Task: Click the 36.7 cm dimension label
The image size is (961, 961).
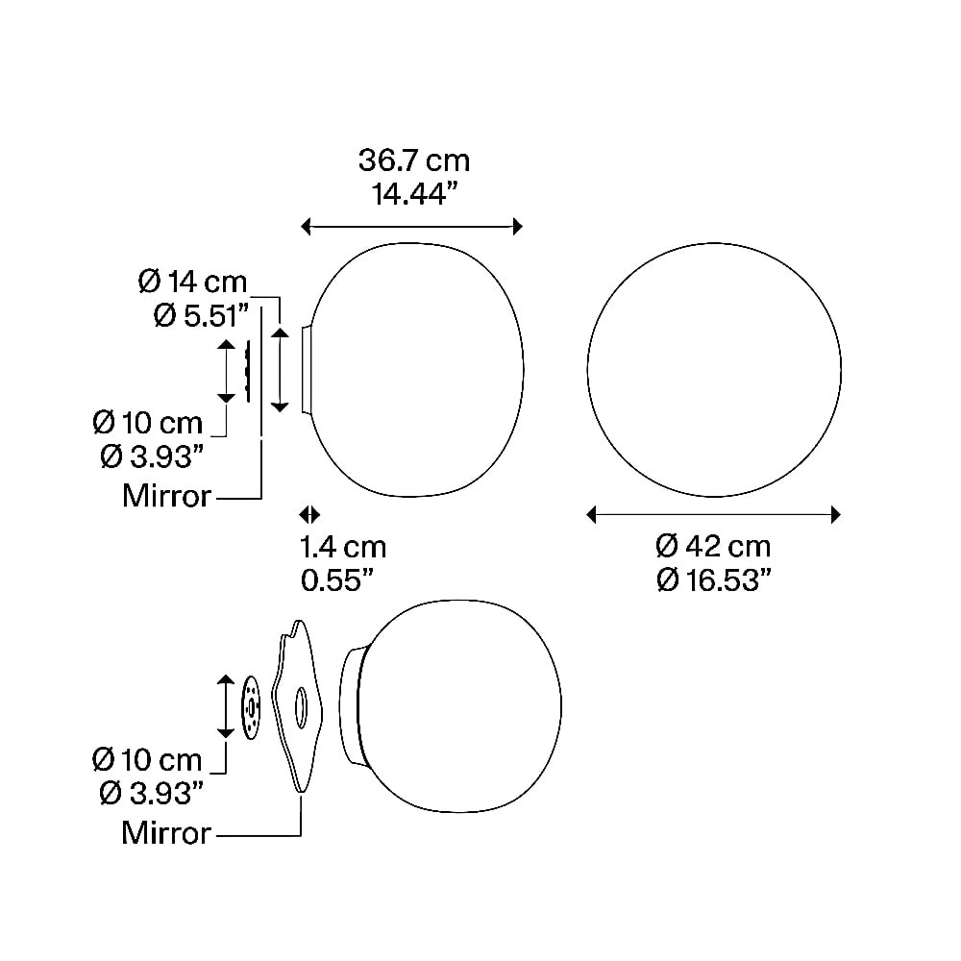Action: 413,160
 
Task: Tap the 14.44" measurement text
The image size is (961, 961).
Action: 415,194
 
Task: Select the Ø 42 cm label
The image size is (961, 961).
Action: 713,546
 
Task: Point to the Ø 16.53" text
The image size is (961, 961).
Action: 713,579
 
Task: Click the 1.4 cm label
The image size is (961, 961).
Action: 343,548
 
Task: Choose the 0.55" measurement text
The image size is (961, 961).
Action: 337,580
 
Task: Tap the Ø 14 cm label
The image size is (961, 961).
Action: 192,282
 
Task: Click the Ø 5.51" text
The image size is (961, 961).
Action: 202,316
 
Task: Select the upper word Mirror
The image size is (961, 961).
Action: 166,495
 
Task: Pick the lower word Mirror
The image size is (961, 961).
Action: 166,833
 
